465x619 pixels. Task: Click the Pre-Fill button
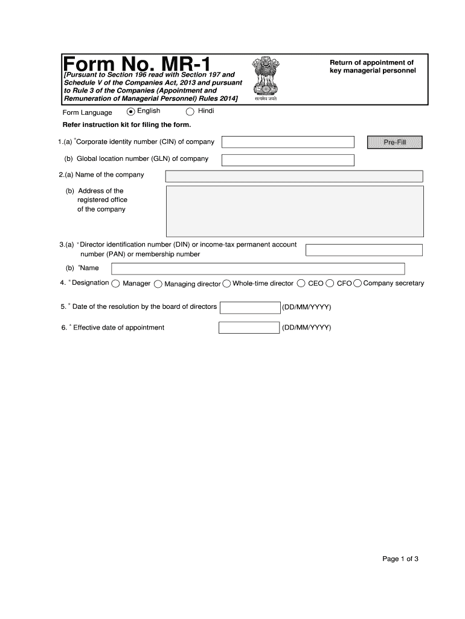click(x=395, y=142)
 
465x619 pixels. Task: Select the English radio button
click(x=131, y=111)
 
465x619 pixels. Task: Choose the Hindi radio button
click(x=190, y=111)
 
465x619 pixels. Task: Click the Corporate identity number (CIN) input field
click(x=288, y=142)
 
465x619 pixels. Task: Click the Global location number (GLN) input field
click(x=288, y=160)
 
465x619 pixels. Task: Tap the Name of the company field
click(x=294, y=176)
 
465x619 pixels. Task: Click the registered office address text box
click(x=294, y=210)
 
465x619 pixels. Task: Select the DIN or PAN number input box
click(x=364, y=250)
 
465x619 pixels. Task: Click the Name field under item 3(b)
click(x=258, y=268)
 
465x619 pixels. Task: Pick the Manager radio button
click(x=115, y=284)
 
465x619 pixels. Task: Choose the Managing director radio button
click(x=158, y=284)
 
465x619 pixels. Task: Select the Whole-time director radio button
click(x=227, y=284)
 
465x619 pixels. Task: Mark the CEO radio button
click(x=301, y=284)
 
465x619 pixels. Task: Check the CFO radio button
click(x=330, y=284)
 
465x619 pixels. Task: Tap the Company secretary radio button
click(x=358, y=284)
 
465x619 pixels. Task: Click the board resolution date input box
click(x=250, y=308)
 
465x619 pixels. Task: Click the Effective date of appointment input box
click(x=249, y=328)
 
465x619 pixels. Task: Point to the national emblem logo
click(x=265, y=79)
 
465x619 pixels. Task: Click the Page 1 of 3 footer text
click(x=400, y=559)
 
